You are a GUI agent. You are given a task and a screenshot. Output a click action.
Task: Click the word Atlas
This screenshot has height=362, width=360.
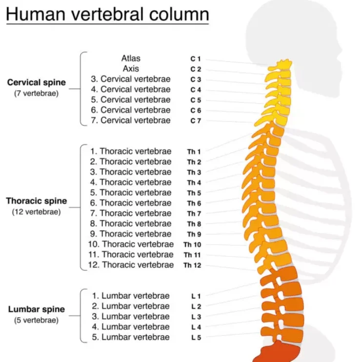pos(131,58)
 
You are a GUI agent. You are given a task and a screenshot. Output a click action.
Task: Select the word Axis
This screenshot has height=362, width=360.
pos(131,69)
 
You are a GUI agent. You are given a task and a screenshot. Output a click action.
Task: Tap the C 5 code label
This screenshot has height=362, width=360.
pos(196,100)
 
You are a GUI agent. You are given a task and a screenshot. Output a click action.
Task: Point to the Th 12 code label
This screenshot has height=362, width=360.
pos(192,265)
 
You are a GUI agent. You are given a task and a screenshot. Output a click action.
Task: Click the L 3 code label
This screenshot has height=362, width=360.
pos(196,317)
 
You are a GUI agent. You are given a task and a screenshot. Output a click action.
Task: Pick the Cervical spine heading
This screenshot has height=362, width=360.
pos(36,82)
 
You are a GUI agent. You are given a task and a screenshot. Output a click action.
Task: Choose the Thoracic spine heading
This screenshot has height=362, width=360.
pos(36,201)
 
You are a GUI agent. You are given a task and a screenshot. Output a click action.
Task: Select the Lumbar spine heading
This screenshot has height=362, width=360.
pos(36,309)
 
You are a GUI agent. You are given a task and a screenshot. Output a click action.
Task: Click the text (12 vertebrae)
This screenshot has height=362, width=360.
pos(36,212)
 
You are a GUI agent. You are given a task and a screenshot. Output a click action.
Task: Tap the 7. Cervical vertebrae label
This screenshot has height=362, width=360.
pos(131,120)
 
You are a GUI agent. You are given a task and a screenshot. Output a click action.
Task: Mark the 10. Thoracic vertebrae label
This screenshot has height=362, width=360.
pos(131,244)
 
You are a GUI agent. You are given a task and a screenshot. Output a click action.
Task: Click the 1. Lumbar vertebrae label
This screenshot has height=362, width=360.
pos(131,296)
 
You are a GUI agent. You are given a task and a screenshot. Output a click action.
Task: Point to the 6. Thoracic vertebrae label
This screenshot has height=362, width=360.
pos(131,203)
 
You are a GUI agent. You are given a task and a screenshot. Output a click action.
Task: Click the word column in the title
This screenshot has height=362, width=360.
pos(179,14)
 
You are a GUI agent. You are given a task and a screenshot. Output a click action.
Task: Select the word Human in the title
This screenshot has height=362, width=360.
pos(36,14)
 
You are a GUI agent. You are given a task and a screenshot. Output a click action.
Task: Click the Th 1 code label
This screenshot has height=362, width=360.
pos(194,152)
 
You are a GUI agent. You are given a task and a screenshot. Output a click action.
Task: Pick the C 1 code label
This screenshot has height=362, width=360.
pos(196,59)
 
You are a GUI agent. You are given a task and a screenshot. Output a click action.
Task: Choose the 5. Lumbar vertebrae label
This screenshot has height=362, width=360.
pos(131,337)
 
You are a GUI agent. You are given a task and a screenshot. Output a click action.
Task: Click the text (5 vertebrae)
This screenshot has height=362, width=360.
pos(36,321)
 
